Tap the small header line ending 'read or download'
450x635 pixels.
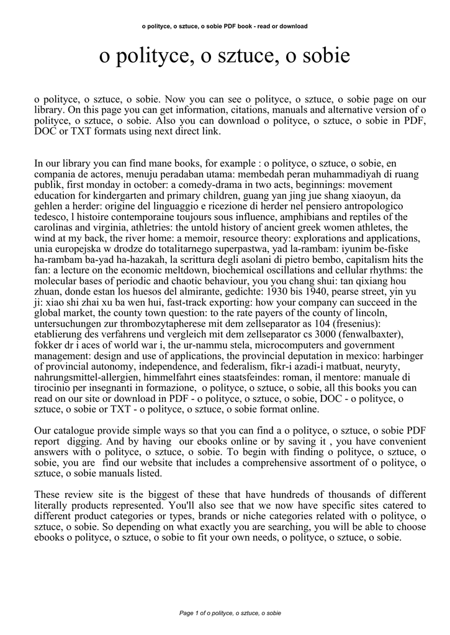(225, 26)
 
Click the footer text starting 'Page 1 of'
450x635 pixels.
(230, 613)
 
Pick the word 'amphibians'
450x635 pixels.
(271, 216)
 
